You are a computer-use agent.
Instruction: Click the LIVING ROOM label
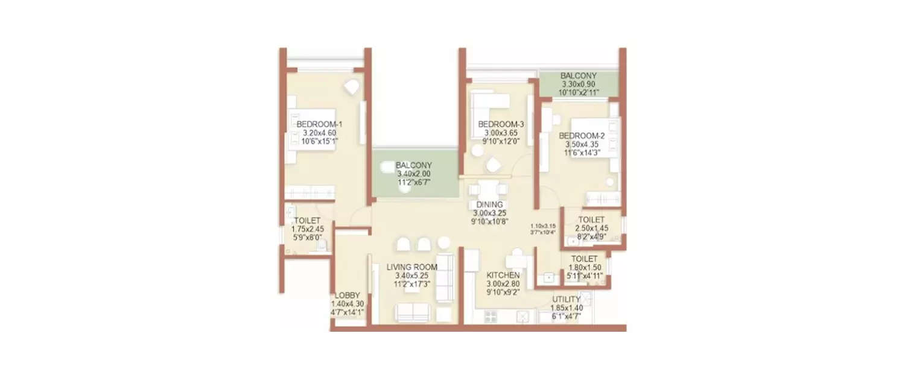tap(411, 266)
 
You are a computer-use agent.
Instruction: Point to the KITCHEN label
tap(503, 275)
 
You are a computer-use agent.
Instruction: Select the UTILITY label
tap(566, 299)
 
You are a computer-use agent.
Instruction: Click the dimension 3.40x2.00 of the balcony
tap(413, 174)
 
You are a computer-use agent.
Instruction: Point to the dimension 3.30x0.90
tap(578, 84)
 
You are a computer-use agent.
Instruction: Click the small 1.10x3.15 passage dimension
tap(543, 224)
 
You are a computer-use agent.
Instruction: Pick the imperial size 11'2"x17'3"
tap(411, 284)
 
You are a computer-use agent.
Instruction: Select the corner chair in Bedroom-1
tap(351, 87)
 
